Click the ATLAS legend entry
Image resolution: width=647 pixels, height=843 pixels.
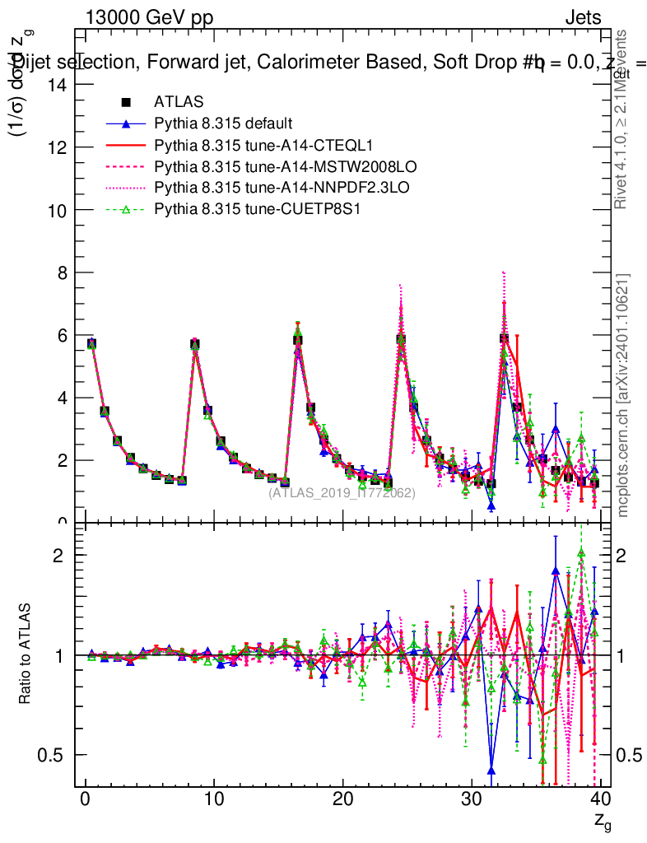point(179,102)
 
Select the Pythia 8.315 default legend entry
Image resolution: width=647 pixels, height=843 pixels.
point(223,123)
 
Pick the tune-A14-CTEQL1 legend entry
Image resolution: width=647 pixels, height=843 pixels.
point(247,145)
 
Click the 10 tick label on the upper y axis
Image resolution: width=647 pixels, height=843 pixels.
point(60,209)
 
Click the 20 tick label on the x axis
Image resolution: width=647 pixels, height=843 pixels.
point(343,799)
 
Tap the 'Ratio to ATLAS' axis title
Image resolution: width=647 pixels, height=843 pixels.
point(26,654)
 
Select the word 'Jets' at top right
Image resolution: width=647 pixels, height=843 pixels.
point(583,18)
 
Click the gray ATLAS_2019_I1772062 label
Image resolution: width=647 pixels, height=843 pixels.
point(342,493)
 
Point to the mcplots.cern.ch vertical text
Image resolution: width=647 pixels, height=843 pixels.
point(624,395)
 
